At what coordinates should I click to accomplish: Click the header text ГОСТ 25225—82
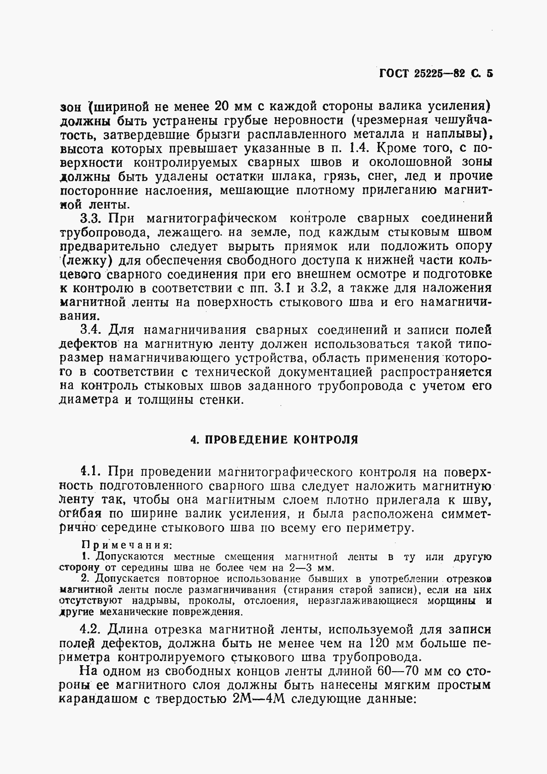click(421, 73)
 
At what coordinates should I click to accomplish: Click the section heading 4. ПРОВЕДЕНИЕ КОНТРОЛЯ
click(274, 439)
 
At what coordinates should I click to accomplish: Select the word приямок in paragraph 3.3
click(308, 246)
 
